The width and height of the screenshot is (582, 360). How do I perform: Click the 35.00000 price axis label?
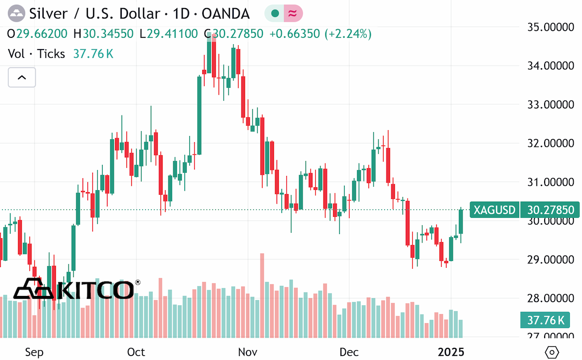pyautogui.click(x=550, y=27)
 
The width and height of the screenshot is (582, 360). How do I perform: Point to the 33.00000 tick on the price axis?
pyautogui.click(x=550, y=104)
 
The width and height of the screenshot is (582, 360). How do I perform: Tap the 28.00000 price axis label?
pyautogui.click(x=550, y=298)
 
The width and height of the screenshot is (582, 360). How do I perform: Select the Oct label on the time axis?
pyautogui.click(x=136, y=352)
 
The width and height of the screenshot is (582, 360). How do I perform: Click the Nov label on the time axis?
pyautogui.click(x=248, y=352)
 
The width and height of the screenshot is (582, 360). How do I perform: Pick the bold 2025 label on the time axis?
pyautogui.click(x=451, y=352)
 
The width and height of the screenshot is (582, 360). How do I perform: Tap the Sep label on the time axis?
pyautogui.click(x=34, y=353)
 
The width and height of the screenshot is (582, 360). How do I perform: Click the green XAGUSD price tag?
pyautogui.click(x=494, y=210)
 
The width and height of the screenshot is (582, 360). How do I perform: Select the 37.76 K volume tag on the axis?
pyautogui.click(x=545, y=320)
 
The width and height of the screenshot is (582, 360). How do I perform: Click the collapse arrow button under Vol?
pyautogui.click(x=22, y=78)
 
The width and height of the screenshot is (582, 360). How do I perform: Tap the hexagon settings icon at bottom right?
pyautogui.click(x=551, y=352)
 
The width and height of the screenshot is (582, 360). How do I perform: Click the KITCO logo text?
pyautogui.click(x=77, y=289)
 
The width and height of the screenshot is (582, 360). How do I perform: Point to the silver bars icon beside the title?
pyautogui.click(x=16, y=13)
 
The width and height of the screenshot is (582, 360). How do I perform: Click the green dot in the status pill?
pyautogui.click(x=275, y=13)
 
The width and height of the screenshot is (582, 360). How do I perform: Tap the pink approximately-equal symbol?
pyautogui.click(x=293, y=13)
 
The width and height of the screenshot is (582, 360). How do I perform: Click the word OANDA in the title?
pyautogui.click(x=226, y=14)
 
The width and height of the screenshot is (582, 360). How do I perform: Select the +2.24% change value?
pyautogui.click(x=348, y=34)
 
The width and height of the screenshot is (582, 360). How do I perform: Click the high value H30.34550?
pyautogui.click(x=103, y=34)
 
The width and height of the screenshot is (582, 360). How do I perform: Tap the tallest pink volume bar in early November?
pyautogui.click(x=262, y=295)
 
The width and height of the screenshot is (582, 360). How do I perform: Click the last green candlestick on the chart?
pyautogui.click(x=461, y=221)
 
